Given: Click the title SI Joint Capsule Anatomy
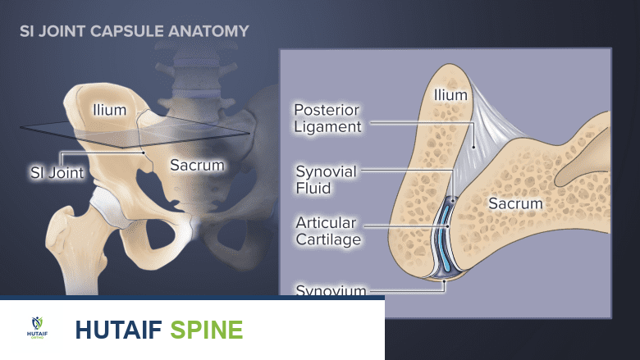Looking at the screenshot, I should coord(135,33).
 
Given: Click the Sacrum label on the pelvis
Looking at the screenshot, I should coord(197,165).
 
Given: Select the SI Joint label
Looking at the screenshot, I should coord(53,173).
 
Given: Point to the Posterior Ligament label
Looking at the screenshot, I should coord(327,118).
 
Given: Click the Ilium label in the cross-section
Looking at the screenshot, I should coord(450,95).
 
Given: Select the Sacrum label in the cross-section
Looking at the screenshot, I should coord(515,203).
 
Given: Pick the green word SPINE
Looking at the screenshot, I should coord(207,330).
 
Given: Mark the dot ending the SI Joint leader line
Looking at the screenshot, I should coord(144,152).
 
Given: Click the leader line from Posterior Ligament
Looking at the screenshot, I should coord(418,124).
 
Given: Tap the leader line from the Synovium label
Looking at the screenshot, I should coord(406,289).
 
